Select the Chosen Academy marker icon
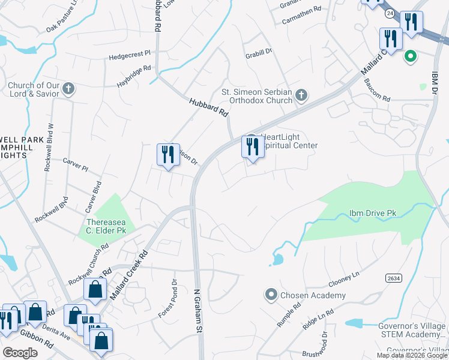pos(271,295)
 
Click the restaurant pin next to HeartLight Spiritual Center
pos(253,147)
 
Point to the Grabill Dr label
pos(259,53)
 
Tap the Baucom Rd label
pos(378,98)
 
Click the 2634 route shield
pos(393,278)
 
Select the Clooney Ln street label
pos(343,278)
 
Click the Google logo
pos(20,353)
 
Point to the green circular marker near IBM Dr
pos(411,58)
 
